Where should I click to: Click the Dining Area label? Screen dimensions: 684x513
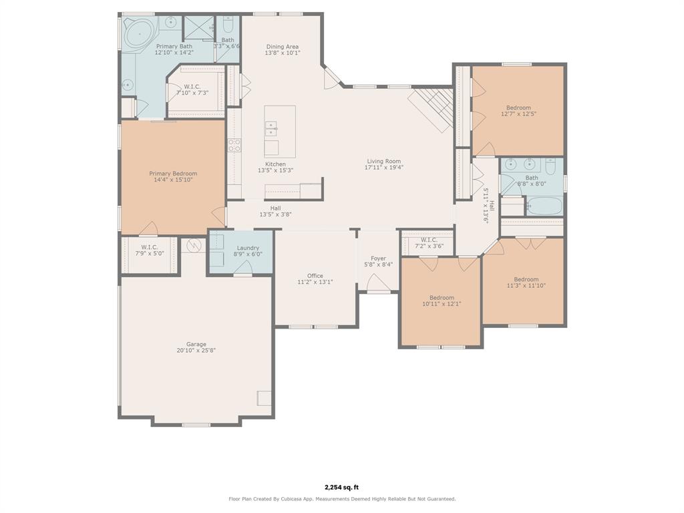tap(283, 47)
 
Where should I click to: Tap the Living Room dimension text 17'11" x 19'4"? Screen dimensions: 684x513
tap(384, 168)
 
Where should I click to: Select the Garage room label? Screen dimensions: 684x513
tap(196, 344)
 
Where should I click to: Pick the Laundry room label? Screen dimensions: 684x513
tap(248, 248)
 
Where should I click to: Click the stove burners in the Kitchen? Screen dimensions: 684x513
tap(234, 145)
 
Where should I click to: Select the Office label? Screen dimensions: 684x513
tap(315, 276)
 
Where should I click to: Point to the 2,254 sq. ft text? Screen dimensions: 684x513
tap(341, 487)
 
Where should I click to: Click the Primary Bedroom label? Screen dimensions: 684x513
tap(173, 174)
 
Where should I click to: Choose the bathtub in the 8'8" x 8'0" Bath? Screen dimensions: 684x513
tap(544, 206)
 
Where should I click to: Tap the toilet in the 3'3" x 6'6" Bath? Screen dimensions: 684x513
tap(228, 25)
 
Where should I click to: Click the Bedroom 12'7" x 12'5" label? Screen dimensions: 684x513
tap(518, 108)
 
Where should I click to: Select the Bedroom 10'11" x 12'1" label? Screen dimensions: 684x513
tap(442, 297)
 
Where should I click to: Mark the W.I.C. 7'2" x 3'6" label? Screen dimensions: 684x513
tap(430, 240)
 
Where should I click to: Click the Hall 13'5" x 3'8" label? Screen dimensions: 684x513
tap(275, 208)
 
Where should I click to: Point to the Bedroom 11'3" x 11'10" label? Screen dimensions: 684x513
tap(526, 280)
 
